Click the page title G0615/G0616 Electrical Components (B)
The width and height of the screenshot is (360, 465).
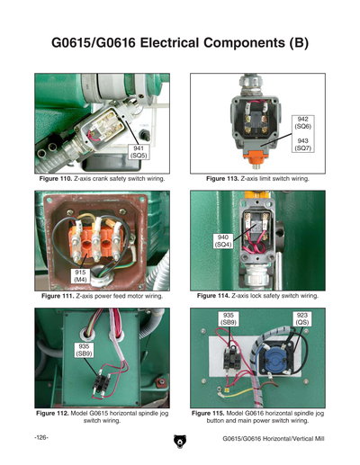coord(179,42)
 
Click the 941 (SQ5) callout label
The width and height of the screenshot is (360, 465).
coord(139,153)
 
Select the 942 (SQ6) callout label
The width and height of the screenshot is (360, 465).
coord(305,125)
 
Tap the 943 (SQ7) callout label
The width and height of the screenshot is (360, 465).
coord(305,145)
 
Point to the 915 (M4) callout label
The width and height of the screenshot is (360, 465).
coord(81,275)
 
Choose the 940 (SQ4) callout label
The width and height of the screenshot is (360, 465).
coord(223,240)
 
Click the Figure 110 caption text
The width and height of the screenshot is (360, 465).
coord(100,179)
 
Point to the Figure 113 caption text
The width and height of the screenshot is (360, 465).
coord(257,179)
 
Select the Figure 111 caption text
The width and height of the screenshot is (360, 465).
coord(100,296)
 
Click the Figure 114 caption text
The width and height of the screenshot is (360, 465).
coord(257,296)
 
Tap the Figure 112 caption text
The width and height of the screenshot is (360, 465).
coord(100,416)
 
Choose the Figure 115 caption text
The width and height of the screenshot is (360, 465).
coord(257,416)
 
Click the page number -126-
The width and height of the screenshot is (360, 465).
coord(41,438)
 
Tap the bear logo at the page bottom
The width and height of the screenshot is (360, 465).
coord(179,441)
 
